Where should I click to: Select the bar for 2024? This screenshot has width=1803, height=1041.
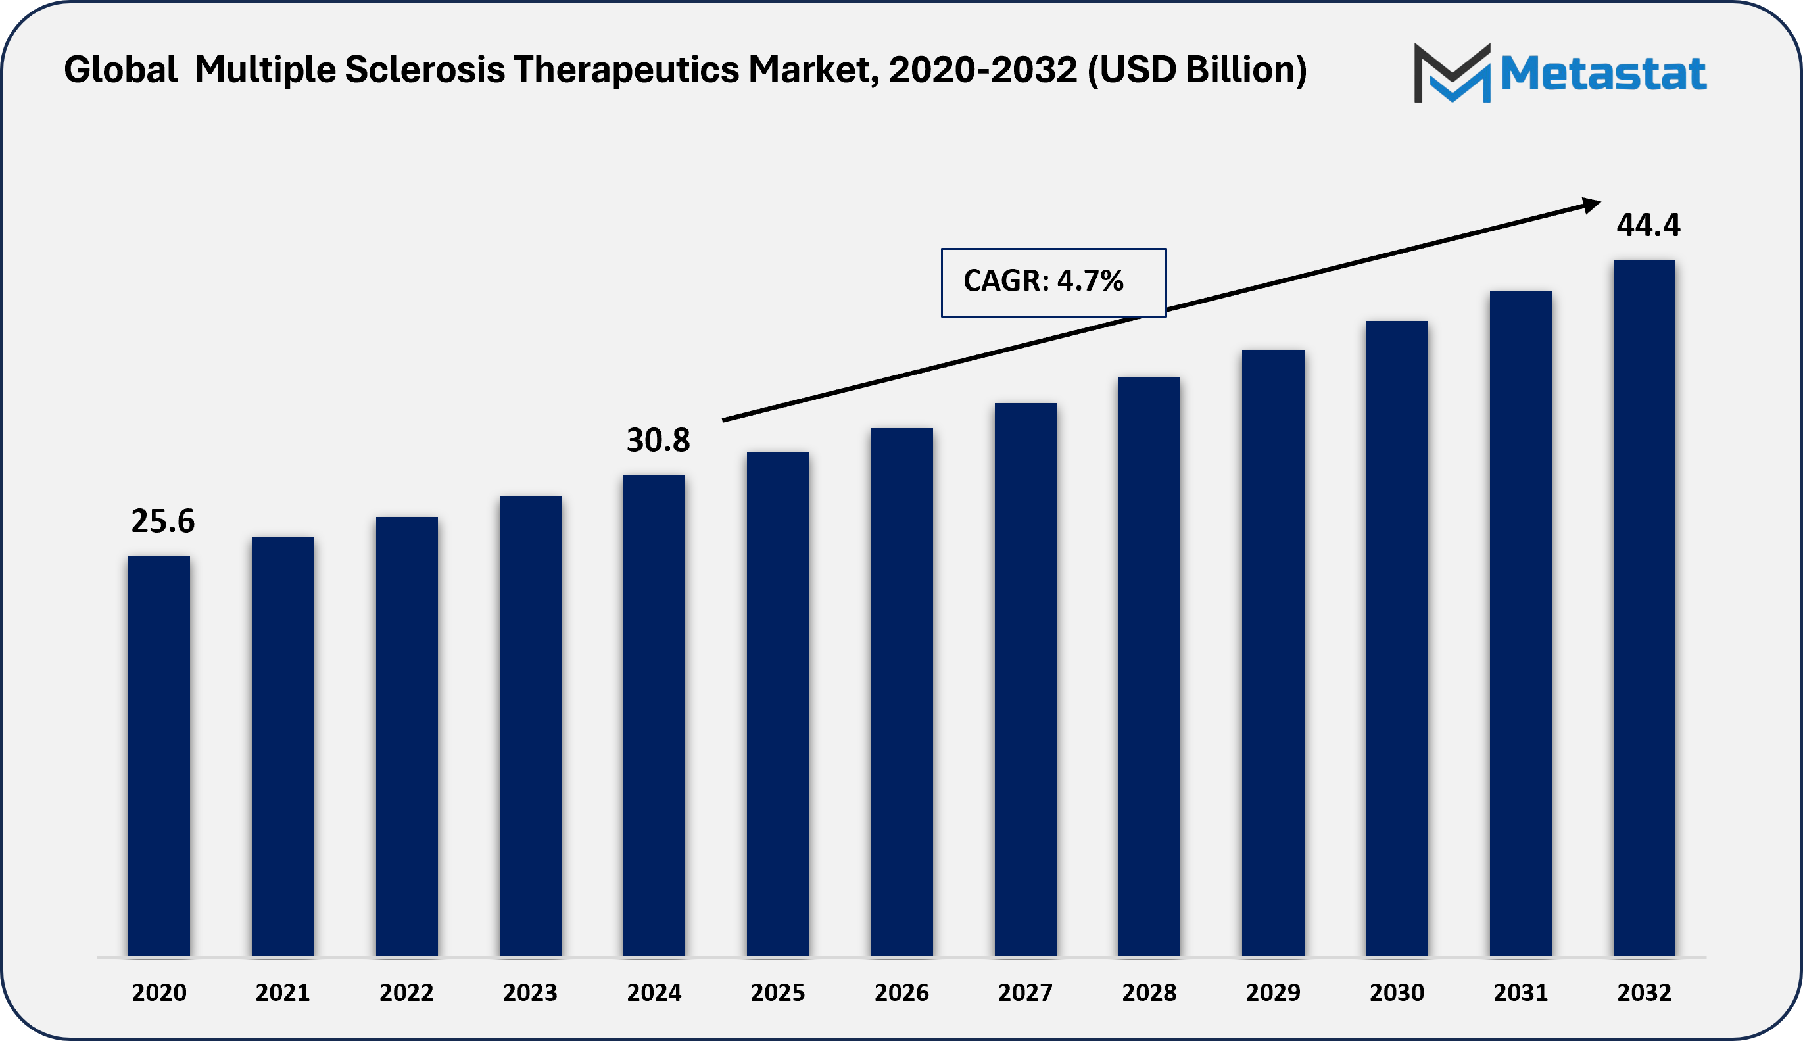coord(654,715)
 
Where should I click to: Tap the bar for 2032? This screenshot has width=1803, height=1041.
coord(1644,608)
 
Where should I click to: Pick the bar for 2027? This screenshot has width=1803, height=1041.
coord(1025,679)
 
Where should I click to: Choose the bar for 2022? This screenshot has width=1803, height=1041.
coord(406,737)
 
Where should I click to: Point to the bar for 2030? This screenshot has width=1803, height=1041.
coord(1396,638)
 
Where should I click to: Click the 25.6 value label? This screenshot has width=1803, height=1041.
coord(162,521)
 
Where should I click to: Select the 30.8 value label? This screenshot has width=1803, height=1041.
coord(658,441)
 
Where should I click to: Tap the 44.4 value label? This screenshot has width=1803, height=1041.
coord(1648,225)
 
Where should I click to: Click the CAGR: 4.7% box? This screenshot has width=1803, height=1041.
coord(1053,282)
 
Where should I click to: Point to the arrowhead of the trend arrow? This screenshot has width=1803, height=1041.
coord(1591,205)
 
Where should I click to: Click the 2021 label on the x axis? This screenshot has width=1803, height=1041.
coord(282,992)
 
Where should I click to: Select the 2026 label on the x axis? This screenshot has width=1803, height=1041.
coord(901,992)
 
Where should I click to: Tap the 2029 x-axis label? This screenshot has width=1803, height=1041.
coord(1272,992)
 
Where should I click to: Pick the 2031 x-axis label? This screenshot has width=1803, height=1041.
coord(1520,992)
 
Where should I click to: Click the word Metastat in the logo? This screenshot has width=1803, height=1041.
coord(1603,74)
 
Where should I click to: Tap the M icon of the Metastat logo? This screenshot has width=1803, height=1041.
coord(1452,73)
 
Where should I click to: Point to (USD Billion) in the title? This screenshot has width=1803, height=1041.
coord(1197,70)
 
